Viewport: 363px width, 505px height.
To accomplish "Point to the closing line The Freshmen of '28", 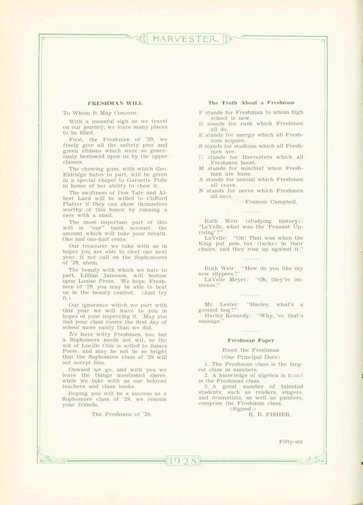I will (x=121, y=414).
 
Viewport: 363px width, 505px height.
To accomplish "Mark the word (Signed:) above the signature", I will (x=238, y=408).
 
